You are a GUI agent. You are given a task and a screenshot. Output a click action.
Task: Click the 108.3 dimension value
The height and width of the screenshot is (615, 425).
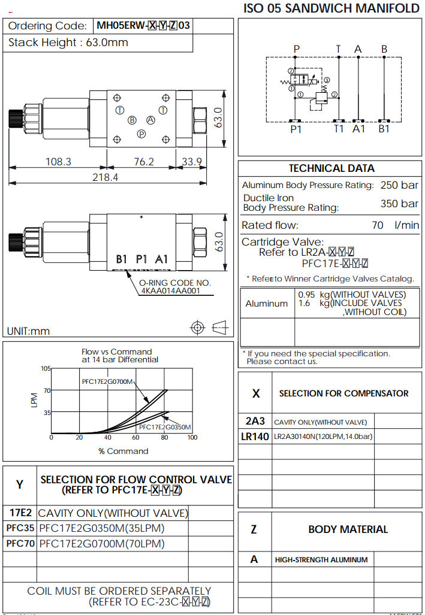pyautogui.click(x=59, y=162)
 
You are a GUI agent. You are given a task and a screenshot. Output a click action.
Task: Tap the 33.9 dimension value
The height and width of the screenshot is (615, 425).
pyautogui.click(x=192, y=162)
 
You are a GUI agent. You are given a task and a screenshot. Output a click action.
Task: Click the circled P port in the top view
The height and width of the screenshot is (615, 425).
pyautogui.click(x=141, y=134)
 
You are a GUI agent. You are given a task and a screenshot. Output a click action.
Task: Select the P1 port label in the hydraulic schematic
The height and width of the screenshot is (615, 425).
pyautogui.click(x=296, y=128)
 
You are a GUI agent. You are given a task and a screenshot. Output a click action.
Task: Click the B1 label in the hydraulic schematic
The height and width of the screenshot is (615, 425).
pyautogui.click(x=384, y=128)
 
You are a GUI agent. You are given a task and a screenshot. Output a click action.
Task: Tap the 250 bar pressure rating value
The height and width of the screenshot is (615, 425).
pyautogui.click(x=399, y=185)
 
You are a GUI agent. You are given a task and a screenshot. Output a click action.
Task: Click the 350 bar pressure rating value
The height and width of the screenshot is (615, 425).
pyautogui.click(x=399, y=204)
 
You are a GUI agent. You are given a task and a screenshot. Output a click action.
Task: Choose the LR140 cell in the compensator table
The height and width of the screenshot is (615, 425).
pyautogui.click(x=255, y=437)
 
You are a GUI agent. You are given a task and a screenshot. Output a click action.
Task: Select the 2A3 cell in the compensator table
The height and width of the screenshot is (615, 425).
pyautogui.click(x=255, y=421)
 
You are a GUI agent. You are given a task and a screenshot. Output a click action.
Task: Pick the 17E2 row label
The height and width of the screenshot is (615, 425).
pyautogui.click(x=20, y=513)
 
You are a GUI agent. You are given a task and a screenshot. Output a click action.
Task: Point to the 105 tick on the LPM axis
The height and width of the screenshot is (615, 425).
pyautogui.click(x=46, y=368)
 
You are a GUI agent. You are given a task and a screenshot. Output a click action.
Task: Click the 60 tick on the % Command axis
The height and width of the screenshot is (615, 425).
pyautogui.click(x=135, y=438)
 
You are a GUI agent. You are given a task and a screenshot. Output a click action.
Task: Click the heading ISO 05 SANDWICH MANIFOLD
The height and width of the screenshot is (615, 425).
pyautogui.click(x=331, y=8)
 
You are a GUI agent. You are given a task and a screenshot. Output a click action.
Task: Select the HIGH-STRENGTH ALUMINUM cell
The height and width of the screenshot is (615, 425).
pyautogui.click(x=321, y=560)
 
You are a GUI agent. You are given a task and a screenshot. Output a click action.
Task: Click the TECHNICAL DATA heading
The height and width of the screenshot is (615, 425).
pyautogui.click(x=331, y=168)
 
